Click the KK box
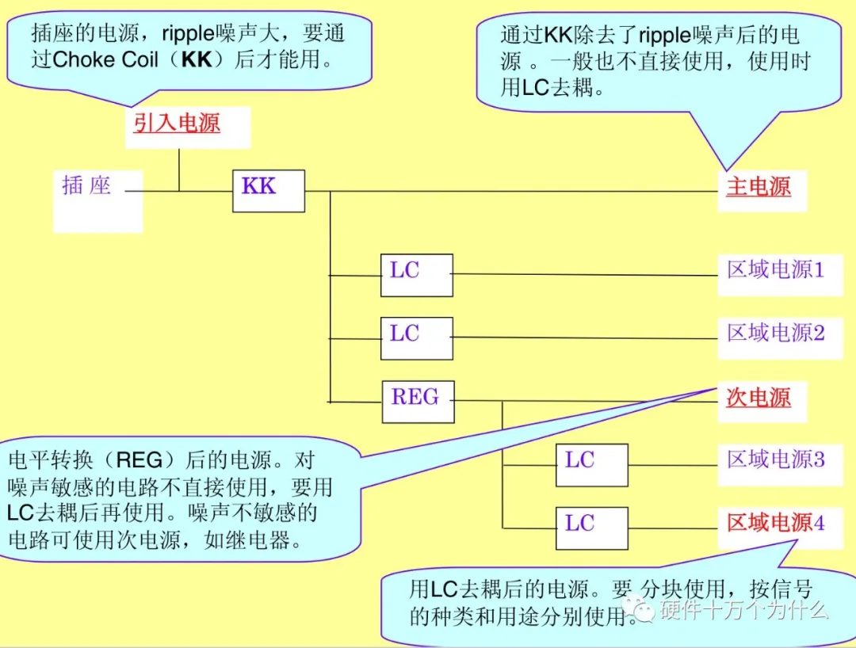coord(268,190)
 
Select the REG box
coord(418,402)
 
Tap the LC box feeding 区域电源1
coord(416,275)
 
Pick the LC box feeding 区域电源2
coord(416,338)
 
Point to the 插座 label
coord(86,186)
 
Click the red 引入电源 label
coord(177,123)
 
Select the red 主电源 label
coord(759,187)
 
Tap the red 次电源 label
coord(759,397)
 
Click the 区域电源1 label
coord(776,270)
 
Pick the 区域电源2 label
coord(776,333)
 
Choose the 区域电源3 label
coord(776,459)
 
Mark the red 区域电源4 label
coord(776,523)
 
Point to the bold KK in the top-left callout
coord(197,60)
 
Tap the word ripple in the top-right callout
coord(664,36)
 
